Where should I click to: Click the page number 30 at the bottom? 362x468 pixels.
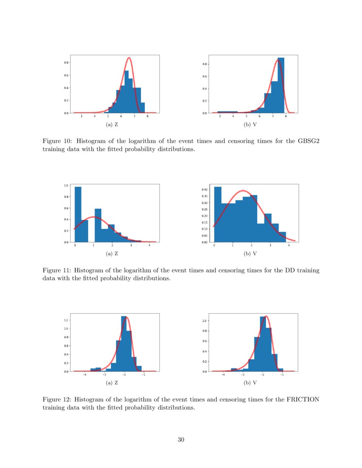click(181, 439)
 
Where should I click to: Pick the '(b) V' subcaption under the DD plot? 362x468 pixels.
click(253, 254)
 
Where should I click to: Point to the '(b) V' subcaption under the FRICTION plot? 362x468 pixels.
click(253, 383)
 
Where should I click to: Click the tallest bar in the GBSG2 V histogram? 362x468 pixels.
click(281, 85)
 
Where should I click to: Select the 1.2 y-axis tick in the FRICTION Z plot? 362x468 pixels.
click(66, 320)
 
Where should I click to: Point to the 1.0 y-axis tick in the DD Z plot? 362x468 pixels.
click(66, 185)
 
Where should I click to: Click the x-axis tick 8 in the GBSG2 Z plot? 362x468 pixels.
click(147, 116)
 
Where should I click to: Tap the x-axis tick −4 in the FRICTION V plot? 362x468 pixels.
click(223, 375)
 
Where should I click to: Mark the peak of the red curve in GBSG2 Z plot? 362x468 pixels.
click(129, 58)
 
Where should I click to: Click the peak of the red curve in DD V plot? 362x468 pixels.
click(243, 191)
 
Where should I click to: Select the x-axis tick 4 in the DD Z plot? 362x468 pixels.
click(149, 245)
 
